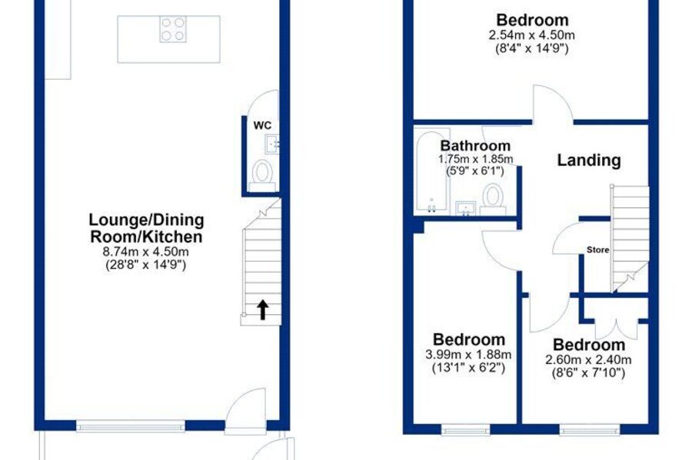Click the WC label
(262, 126)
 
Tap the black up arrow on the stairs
(263, 309)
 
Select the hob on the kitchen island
(172, 29)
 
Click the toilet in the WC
(262, 175)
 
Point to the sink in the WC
(272, 144)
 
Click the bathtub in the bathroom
(431, 171)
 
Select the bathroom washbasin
(466, 208)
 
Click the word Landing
(589, 160)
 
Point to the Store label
(598, 250)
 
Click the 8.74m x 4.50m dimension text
(146, 252)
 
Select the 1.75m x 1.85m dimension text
(476, 159)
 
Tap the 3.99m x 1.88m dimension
(469, 354)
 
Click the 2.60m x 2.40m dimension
(588, 360)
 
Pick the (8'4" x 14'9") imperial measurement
(532, 48)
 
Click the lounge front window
(131, 425)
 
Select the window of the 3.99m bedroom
(466, 429)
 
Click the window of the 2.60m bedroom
(590, 429)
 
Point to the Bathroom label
(475, 146)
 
